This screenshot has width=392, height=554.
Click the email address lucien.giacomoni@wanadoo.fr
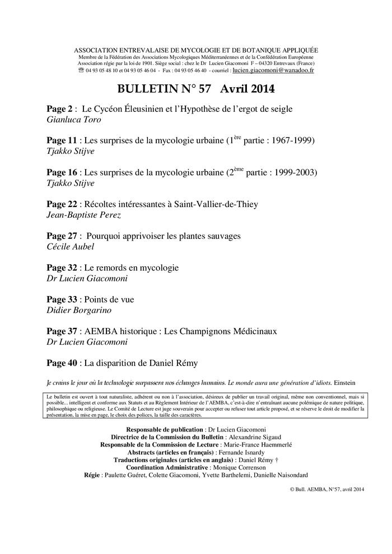click(273, 71)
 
